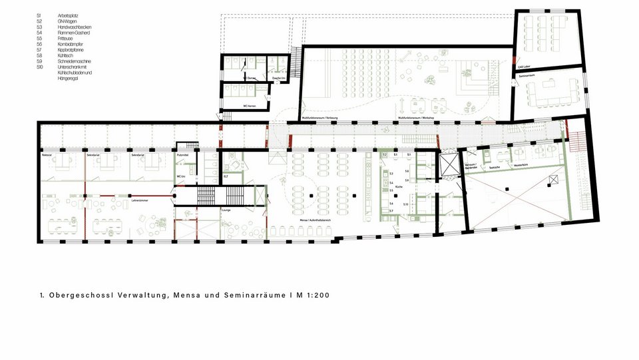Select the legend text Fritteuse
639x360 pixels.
click(65, 39)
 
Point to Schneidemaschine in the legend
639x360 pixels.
click(74, 61)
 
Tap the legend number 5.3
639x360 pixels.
click(40, 27)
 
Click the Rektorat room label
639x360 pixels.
click(47, 155)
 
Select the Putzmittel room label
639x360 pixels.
click(183, 154)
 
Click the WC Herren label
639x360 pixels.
click(247, 106)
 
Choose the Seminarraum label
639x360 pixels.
click(527, 77)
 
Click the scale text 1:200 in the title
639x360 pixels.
click(317, 295)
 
